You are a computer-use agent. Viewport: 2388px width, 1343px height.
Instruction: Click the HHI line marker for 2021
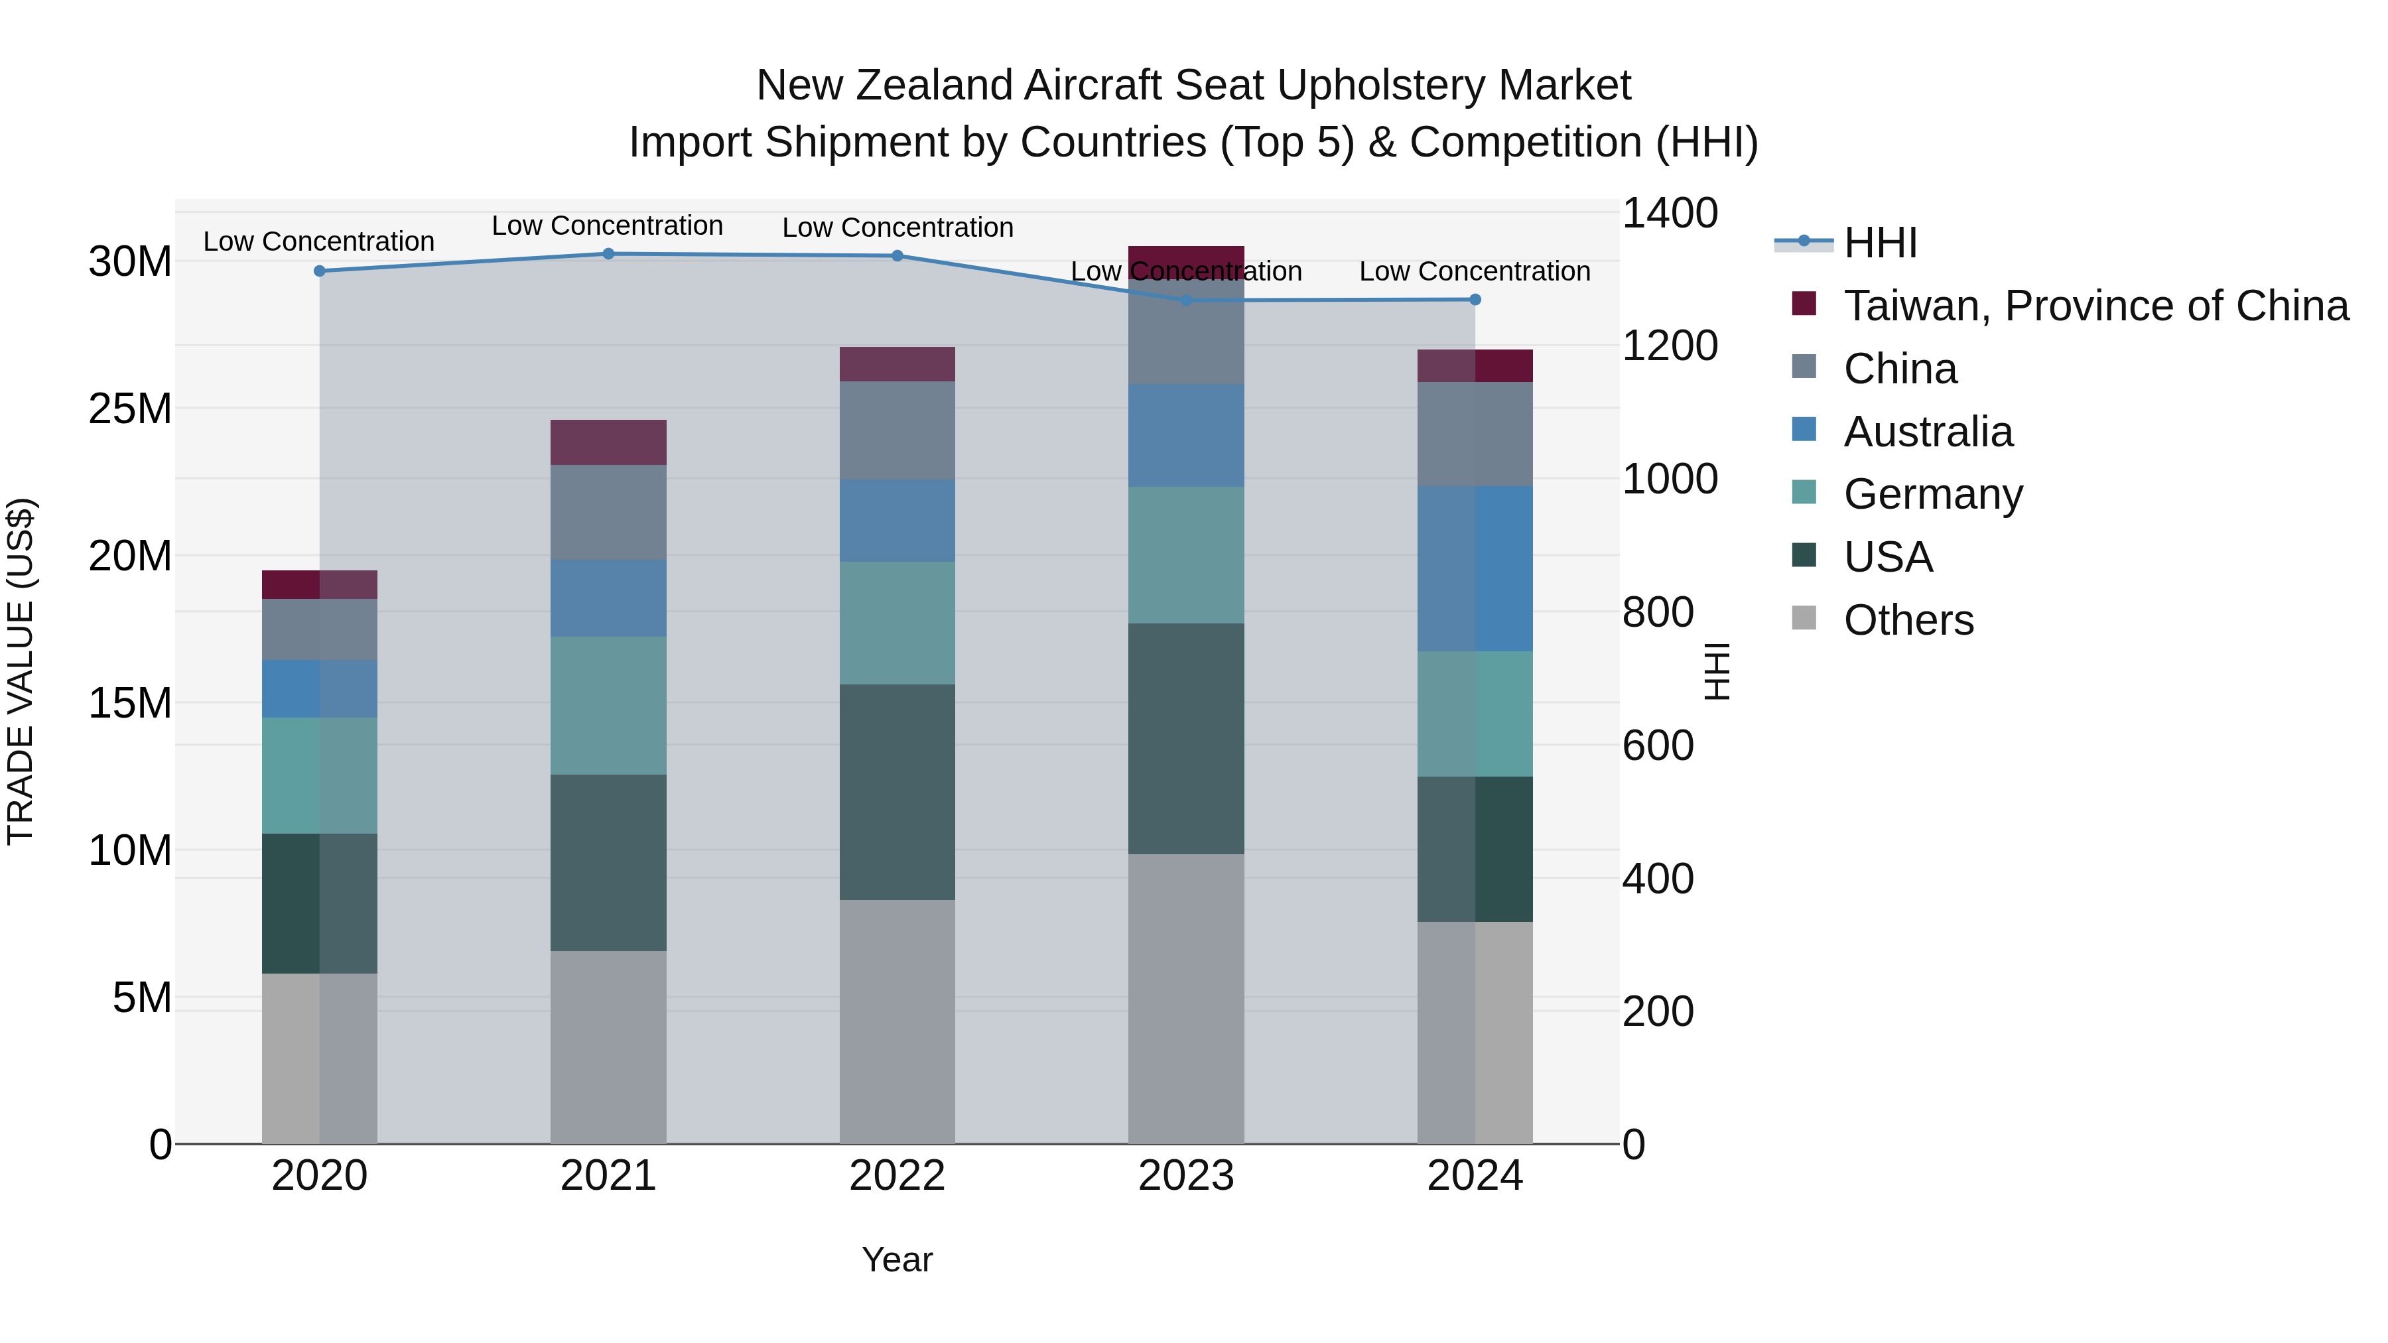tap(608, 254)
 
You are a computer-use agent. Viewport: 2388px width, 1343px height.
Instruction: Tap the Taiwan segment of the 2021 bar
tap(608, 442)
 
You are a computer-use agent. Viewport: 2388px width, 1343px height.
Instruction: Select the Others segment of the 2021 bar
tap(608, 1047)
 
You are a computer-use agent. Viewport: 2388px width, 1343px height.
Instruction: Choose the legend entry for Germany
tap(1933, 494)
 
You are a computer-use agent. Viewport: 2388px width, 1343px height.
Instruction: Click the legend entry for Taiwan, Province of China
tap(2095, 306)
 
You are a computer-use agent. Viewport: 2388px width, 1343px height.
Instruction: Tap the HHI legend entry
tap(1879, 243)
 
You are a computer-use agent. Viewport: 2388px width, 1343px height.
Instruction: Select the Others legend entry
tap(1908, 620)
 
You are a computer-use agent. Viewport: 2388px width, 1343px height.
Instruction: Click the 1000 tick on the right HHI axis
tap(1670, 480)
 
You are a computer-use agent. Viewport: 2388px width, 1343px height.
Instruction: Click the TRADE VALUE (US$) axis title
tap(21, 671)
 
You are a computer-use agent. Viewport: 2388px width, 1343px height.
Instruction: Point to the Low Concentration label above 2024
tap(1474, 271)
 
